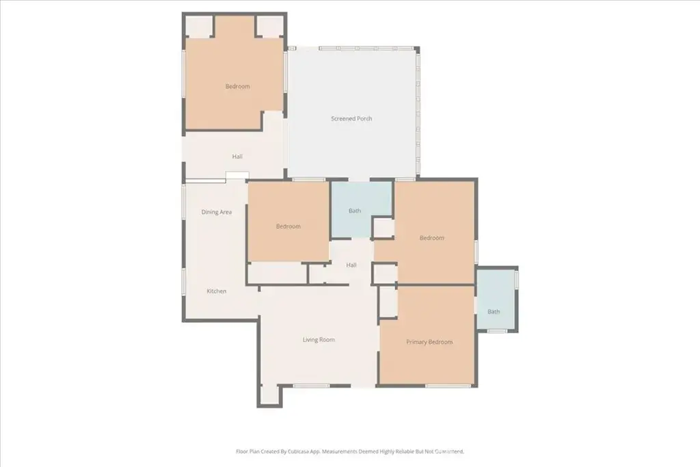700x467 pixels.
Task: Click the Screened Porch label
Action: [351, 118]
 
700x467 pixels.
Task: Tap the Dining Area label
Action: [217, 212]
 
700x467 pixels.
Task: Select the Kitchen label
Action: [217, 291]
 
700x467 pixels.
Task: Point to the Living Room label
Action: [319, 340]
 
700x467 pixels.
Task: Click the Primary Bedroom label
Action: [429, 342]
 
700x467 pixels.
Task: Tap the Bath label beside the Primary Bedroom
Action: [494, 312]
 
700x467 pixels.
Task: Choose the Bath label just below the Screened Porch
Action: [355, 211]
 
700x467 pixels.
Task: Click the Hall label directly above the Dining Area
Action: [237, 157]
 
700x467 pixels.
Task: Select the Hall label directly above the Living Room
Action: [351, 265]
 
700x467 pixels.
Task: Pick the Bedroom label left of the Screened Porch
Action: [237, 86]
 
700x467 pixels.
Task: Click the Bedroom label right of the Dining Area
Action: [288, 226]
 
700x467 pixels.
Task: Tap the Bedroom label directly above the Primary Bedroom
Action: [432, 238]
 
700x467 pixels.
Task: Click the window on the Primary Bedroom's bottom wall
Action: [447, 386]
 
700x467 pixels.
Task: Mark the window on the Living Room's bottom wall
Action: [311, 386]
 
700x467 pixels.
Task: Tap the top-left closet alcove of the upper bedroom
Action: [199, 27]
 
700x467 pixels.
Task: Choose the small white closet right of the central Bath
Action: [383, 228]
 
